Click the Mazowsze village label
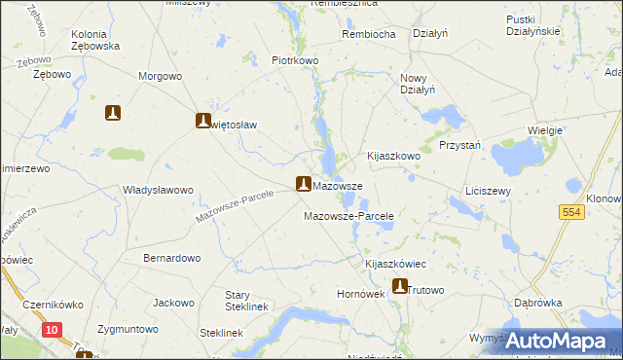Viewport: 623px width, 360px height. pos(339,185)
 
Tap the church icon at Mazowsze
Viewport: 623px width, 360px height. pos(304,183)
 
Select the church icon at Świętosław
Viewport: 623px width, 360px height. pos(204,121)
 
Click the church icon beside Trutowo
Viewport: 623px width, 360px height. pos(400,286)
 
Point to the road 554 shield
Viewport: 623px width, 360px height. pos(572,212)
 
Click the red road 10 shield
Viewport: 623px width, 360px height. pos(50,331)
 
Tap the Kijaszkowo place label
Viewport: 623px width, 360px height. pos(393,156)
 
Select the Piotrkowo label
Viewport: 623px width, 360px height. pos(295,60)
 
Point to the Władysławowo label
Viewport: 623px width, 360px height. pos(159,190)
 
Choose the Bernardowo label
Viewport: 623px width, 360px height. pos(171,259)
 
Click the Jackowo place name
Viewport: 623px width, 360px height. pos(174,303)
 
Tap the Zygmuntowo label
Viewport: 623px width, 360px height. pos(128,329)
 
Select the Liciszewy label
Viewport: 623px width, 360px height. pos(489,191)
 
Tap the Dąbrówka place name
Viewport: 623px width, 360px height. pos(538,303)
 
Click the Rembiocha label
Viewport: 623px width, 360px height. pos(368,34)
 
